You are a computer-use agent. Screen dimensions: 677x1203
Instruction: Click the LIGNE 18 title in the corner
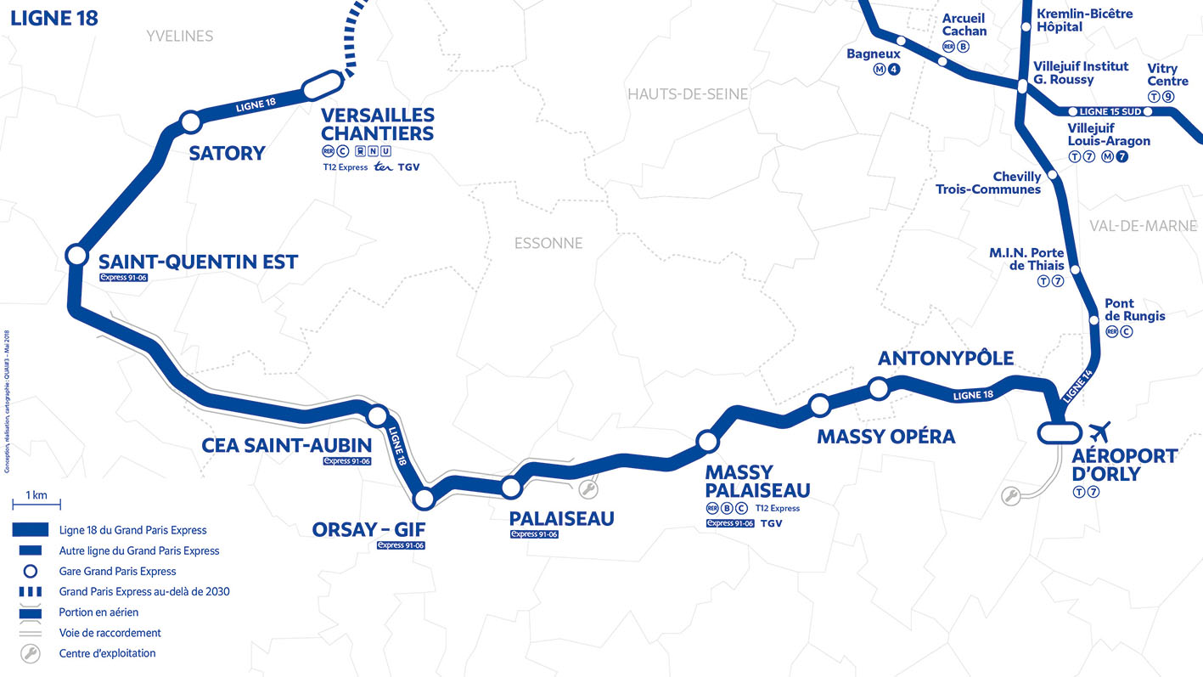pos(54,18)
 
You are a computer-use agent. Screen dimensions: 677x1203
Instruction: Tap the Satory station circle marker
pos(190,121)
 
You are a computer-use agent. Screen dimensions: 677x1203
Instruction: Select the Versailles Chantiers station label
pos(377,124)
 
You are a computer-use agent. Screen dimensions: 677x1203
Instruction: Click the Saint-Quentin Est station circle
pos(76,255)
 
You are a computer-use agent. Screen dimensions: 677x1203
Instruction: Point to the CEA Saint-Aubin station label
pos(286,445)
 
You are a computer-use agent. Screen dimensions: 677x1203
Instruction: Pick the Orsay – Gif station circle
pos(424,498)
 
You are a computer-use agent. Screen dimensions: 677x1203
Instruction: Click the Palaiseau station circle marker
pos(510,488)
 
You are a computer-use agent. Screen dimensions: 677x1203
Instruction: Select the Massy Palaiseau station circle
pos(707,441)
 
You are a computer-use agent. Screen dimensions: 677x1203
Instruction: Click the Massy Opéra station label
pos(885,437)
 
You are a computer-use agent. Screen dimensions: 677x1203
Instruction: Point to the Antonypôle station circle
pos(878,389)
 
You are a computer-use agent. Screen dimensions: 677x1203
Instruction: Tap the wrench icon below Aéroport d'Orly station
pos(1010,496)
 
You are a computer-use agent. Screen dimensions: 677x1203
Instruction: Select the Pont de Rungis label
pos(1134,310)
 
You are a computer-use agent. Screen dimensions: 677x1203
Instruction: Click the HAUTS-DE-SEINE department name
pos(688,94)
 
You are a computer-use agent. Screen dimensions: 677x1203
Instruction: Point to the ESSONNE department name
pos(548,243)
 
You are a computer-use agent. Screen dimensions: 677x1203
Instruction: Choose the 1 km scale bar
pos(36,504)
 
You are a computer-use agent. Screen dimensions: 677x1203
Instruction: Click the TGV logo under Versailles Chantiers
pos(408,167)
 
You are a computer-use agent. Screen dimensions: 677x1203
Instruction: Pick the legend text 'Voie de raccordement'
pos(110,633)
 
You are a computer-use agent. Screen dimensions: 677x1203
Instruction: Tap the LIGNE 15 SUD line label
pos(1104,111)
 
